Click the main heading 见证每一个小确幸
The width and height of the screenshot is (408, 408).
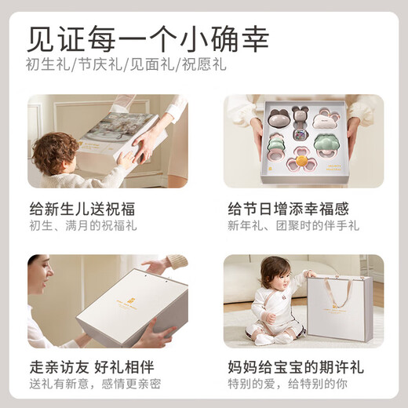click(148, 39)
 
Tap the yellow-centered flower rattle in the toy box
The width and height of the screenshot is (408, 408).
click(300, 163)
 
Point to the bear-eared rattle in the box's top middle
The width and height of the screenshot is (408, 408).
click(301, 119)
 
